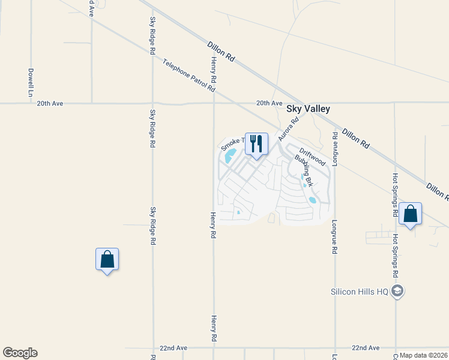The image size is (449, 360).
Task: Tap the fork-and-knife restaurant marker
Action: click(256, 144)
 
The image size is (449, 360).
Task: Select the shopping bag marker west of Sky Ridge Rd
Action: click(107, 259)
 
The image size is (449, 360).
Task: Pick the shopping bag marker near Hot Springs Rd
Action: click(410, 214)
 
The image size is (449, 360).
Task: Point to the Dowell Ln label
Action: click(30, 83)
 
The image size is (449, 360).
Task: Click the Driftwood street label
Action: click(313, 157)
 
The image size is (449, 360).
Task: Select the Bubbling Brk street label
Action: click(304, 170)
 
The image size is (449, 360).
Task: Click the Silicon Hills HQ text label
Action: click(360, 292)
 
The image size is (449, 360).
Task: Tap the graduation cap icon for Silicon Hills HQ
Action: click(397, 292)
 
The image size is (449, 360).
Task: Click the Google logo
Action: click(20, 353)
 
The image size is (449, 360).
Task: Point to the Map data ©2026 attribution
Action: click(424, 355)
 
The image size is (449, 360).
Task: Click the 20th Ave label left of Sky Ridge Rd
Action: click(50, 103)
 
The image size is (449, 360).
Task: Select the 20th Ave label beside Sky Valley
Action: click(269, 103)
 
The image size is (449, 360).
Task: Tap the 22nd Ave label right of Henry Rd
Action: click(366, 348)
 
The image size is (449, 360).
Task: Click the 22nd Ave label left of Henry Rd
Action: click(173, 348)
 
